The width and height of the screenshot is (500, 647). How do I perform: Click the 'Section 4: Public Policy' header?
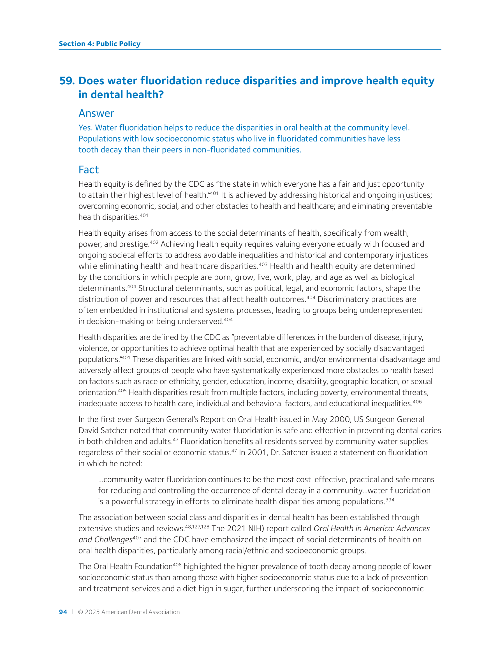99,44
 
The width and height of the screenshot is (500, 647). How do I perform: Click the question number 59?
67,81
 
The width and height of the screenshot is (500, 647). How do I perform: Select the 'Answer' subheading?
96,113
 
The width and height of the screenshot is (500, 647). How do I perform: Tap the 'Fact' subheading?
89,170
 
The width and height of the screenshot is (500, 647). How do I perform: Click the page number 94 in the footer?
63,612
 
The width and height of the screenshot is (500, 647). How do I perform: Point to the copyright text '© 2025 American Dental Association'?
129,612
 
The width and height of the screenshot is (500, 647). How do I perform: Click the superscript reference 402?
154,242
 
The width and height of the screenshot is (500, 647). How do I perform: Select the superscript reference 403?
263,264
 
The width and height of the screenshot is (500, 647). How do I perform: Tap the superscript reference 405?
122,390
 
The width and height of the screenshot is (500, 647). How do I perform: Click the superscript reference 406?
417,402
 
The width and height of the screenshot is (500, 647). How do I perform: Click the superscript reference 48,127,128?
197,527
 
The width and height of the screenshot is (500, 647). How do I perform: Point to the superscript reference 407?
137,537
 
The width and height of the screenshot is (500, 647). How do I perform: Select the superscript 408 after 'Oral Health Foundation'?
177,564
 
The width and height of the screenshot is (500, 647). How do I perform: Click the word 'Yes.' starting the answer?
86,128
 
